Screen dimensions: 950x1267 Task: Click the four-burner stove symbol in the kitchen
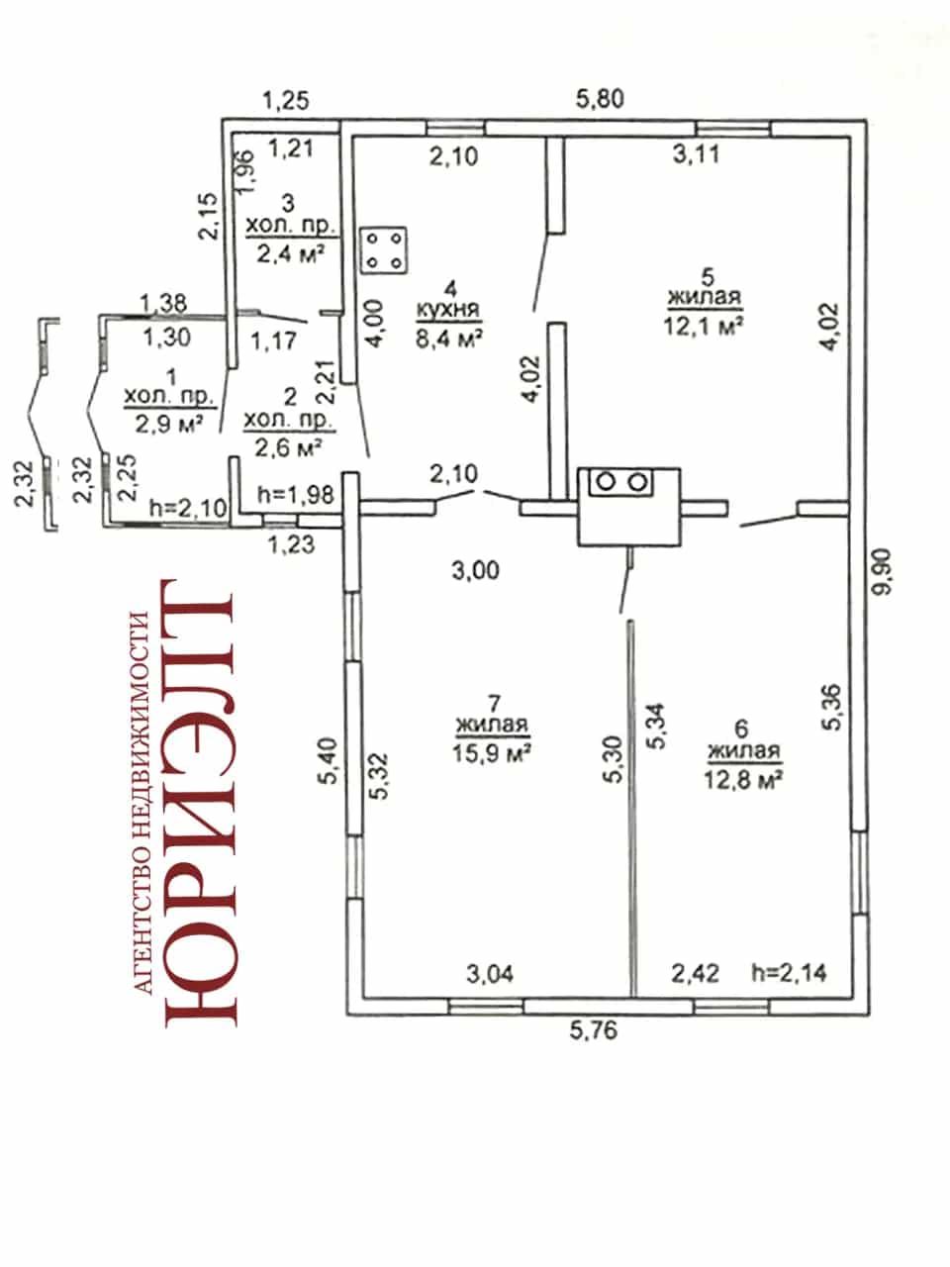coord(384,250)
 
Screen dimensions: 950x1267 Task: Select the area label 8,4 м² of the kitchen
coord(449,339)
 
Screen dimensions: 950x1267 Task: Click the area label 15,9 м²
coord(492,752)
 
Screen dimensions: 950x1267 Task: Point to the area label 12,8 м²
coord(743,779)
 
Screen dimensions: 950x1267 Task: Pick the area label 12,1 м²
coord(704,326)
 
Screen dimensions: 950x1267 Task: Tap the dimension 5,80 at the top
coord(600,99)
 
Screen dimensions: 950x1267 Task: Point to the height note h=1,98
coord(296,495)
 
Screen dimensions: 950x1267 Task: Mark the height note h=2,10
coord(188,508)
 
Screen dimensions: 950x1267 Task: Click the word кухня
coord(448,310)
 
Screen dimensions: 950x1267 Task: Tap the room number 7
coord(494,704)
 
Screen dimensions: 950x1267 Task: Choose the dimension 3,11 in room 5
coord(697,154)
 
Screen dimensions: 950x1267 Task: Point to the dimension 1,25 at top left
coord(286,100)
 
